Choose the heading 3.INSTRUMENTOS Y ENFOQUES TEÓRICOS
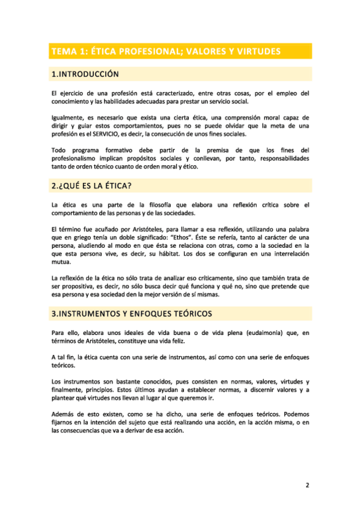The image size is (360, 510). coord(132,314)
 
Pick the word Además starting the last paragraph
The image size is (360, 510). coord(64,414)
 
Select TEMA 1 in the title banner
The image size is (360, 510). coord(67,52)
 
